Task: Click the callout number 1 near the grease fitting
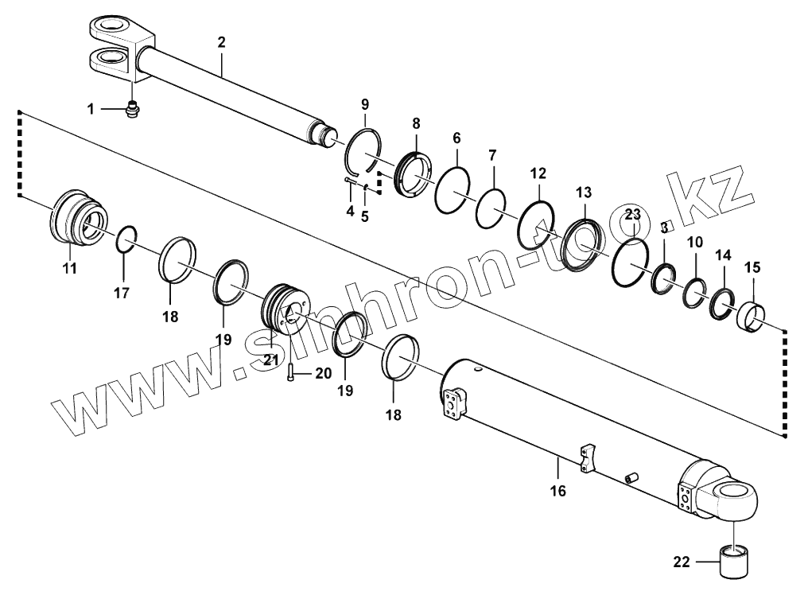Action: (x=91, y=108)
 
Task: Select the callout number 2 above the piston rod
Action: (x=222, y=41)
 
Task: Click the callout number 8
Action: (x=415, y=123)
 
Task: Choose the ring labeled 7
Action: (x=491, y=208)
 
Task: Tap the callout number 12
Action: (x=538, y=173)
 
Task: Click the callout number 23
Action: (x=632, y=215)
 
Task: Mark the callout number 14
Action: (x=722, y=255)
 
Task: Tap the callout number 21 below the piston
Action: (x=272, y=360)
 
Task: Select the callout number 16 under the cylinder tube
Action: (x=557, y=491)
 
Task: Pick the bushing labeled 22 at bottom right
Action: (x=736, y=562)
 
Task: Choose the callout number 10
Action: (x=694, y=242)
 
